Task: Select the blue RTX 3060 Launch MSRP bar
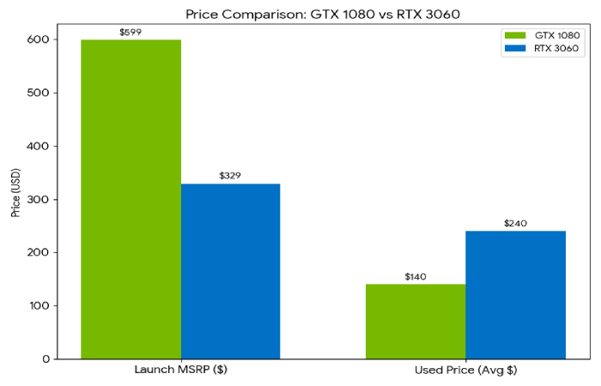pyautogui.click(x=230, y=271)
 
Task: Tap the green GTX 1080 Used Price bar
pyautogui.click(x=416, y=321)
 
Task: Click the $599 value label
pyautogui.click(x=131, y=33)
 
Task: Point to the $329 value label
pyautogui.click(x=230, y=176)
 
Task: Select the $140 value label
pyautogui.click(x=416, y=277)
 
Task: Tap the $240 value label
pyautogui.click(x=515, y=224)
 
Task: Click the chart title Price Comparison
pyautogui.click(x=300, y=14)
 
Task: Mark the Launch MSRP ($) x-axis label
pyautogui.click(x=180, y=371)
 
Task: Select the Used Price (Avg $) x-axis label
pyautogui.click(x=465, y=371)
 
